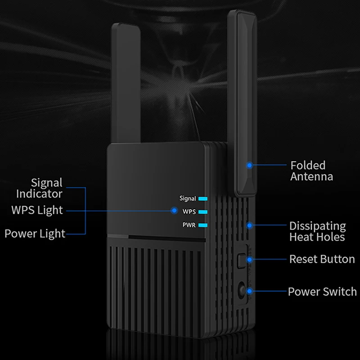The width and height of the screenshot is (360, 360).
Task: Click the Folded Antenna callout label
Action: [x=311, y=171]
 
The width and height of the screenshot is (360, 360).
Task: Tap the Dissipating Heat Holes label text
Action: [x=317, y=231]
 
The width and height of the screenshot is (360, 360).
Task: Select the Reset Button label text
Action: [x=322, y=259]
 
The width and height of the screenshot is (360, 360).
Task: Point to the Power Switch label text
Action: [x=322, y=292]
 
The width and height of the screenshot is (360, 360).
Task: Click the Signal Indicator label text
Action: [x=39, y=188]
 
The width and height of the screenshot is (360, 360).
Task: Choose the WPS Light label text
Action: [x=37, y=210]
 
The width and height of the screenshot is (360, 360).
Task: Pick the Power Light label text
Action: [x=35, y=234]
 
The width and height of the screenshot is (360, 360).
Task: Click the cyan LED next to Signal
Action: [x=203, y=198]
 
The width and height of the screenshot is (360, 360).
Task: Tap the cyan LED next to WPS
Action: [x=203, y=212]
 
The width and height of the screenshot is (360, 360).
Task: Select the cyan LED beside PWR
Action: [x=203, y=225]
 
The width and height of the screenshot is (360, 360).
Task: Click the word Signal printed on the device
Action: [x=188, y=198]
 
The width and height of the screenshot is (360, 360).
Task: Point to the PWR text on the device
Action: [x=189, y=225]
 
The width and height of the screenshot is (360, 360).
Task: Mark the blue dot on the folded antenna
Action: [x=250, y=165]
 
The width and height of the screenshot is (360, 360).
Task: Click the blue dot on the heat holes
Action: [x=250, y=225]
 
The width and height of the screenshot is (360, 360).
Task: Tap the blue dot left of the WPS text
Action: [x=174, y=210]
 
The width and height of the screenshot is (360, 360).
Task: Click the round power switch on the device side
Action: [x=242, y=290]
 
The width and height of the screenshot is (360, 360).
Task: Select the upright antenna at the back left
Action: [x=126, y=83]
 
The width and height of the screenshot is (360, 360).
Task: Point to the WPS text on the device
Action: [x=189, y=211]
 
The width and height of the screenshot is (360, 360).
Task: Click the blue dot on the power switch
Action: [x=250, y=291]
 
